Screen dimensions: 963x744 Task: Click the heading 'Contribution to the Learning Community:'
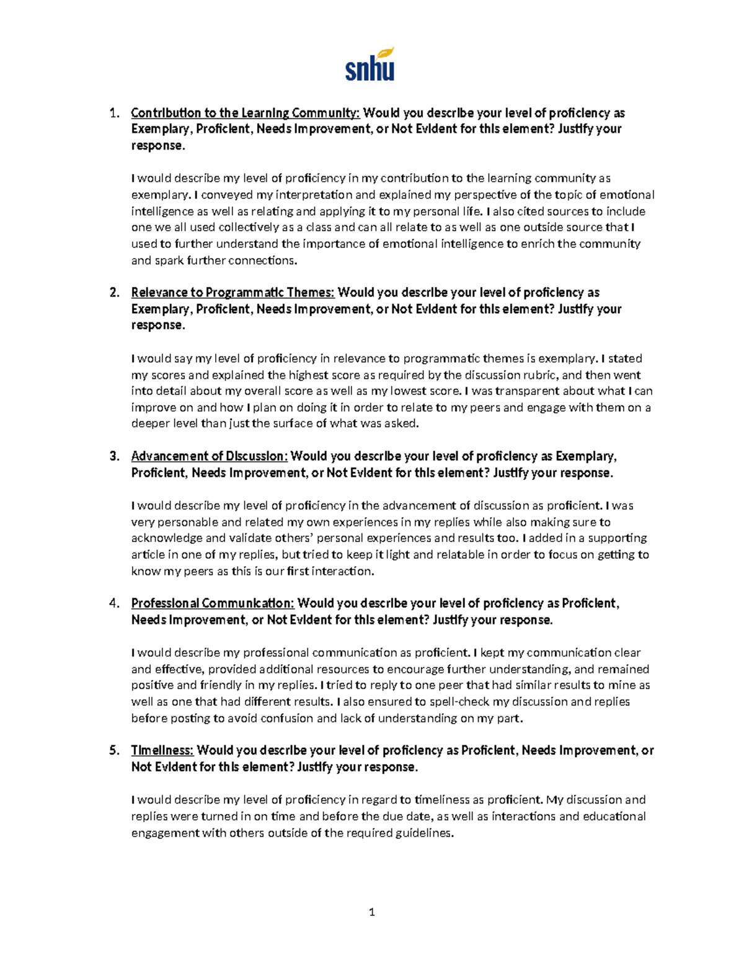point(245,113)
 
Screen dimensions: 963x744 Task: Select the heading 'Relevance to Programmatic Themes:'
point(232,293)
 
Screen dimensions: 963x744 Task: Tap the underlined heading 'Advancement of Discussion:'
point(209,456)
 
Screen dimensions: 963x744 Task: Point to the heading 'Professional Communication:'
point(212,603)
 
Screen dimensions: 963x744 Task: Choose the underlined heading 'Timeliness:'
point(162,750)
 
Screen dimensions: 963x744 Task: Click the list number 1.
point(113,113)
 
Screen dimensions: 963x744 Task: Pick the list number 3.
point(113,456)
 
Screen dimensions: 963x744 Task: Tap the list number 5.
point(113,750)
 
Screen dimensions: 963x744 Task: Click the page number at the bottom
point(372,912)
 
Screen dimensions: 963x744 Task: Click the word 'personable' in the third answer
point(185,522)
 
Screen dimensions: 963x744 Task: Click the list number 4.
point(113,603)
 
